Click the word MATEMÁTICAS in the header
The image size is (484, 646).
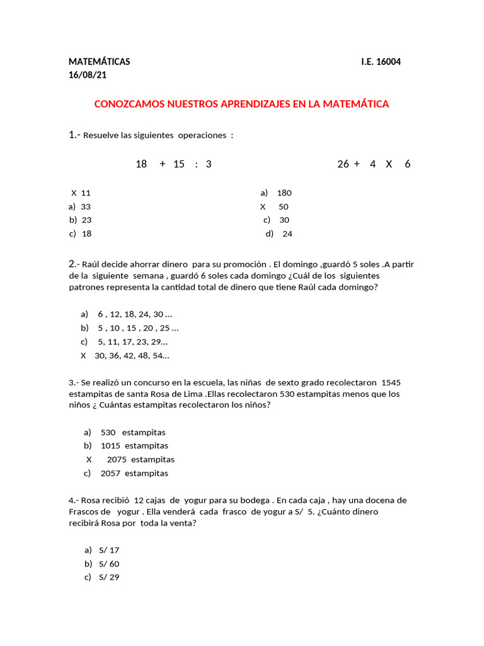[x=99, y=62]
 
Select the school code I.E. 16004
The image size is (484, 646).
[x=381, y=62]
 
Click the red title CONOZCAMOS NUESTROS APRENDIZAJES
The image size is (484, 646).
[x=241, y=104]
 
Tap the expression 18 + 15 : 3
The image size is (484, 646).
[x=173, y=164]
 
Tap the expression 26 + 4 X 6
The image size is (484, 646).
[x=374, y=164]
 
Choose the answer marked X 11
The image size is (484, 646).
[x=81, y=193]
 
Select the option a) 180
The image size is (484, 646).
[x=276, y=193]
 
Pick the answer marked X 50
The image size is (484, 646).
[x=274, y=207]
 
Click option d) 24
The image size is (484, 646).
[x=279, y=234]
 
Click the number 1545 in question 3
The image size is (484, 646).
[x=391, y=383]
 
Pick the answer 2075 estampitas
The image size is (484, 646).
[x=141, y=460]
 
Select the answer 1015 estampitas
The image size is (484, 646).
[x=134, y=446]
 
